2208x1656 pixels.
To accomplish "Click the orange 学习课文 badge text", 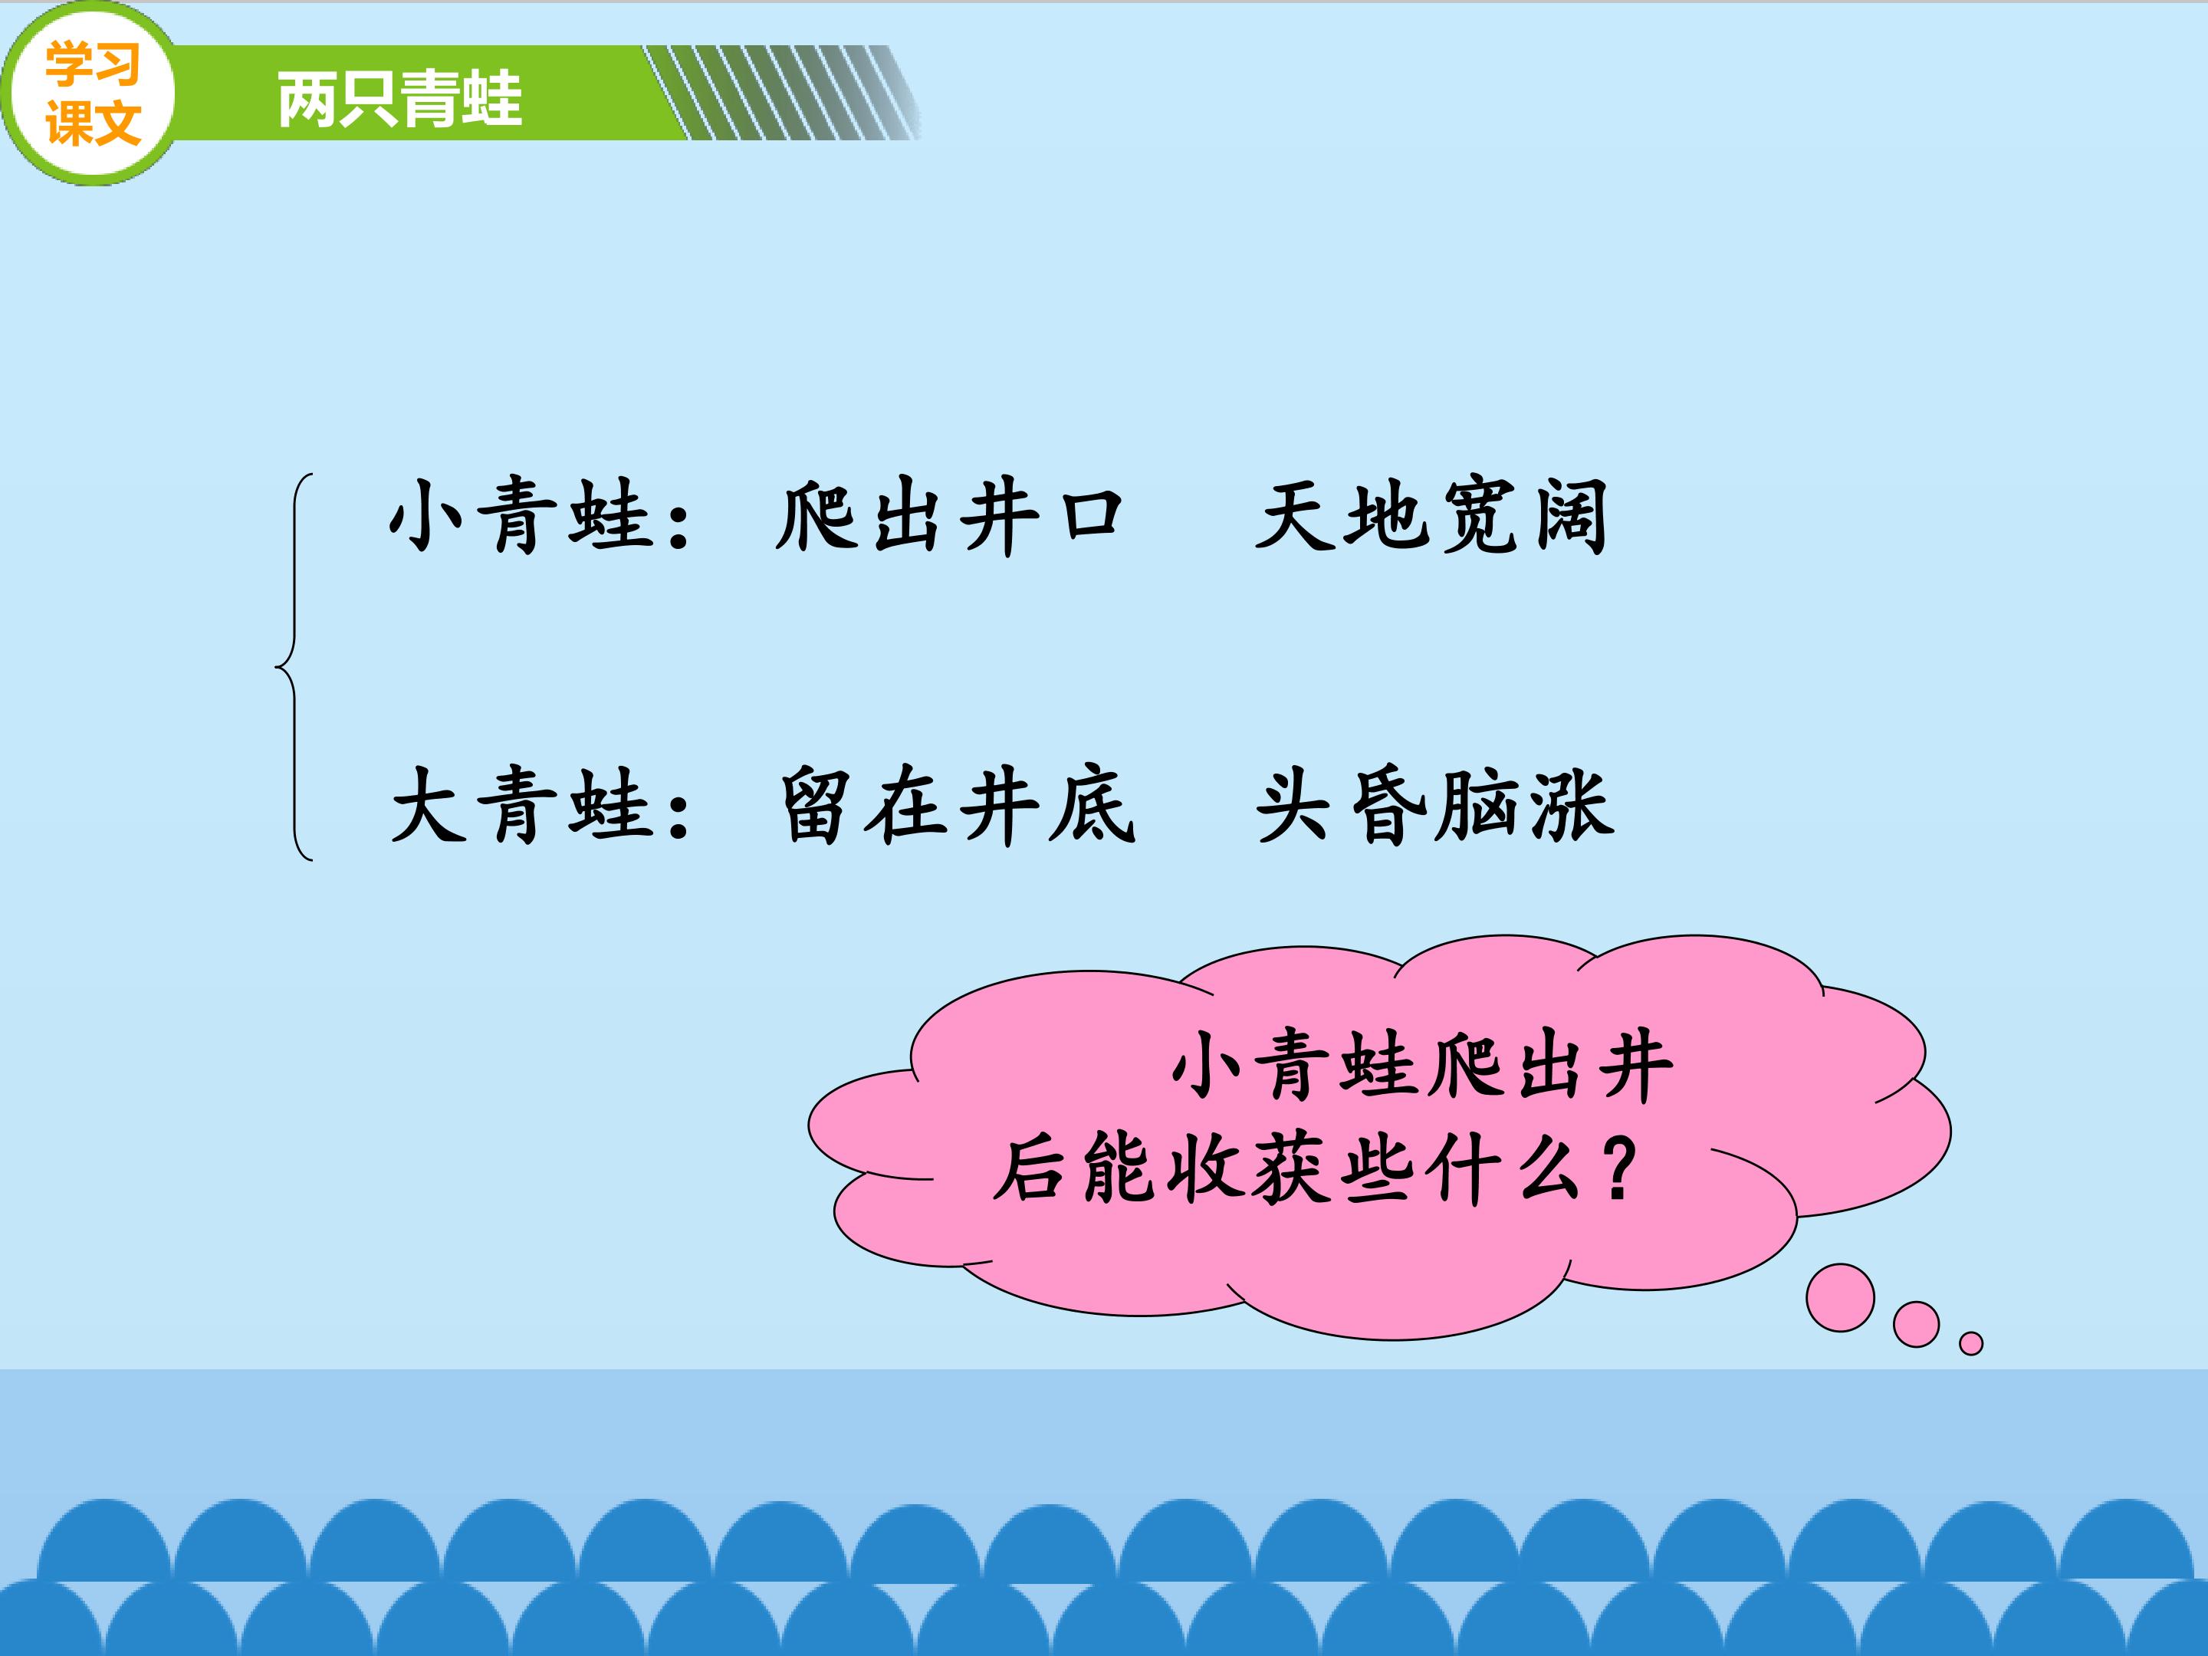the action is pos(92,94).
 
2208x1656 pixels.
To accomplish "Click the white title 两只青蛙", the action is pos(399,99).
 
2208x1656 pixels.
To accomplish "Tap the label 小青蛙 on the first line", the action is pos(518,515).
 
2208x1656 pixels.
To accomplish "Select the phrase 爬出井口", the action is pos(949,515).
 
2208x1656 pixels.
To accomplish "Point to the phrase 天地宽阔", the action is pos(1431,515).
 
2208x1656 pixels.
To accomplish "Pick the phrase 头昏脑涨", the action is pos(1434,807).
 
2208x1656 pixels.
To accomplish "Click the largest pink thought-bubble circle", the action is pos(1840,1298).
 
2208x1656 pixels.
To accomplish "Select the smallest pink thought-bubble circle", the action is pos(1970,1343).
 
